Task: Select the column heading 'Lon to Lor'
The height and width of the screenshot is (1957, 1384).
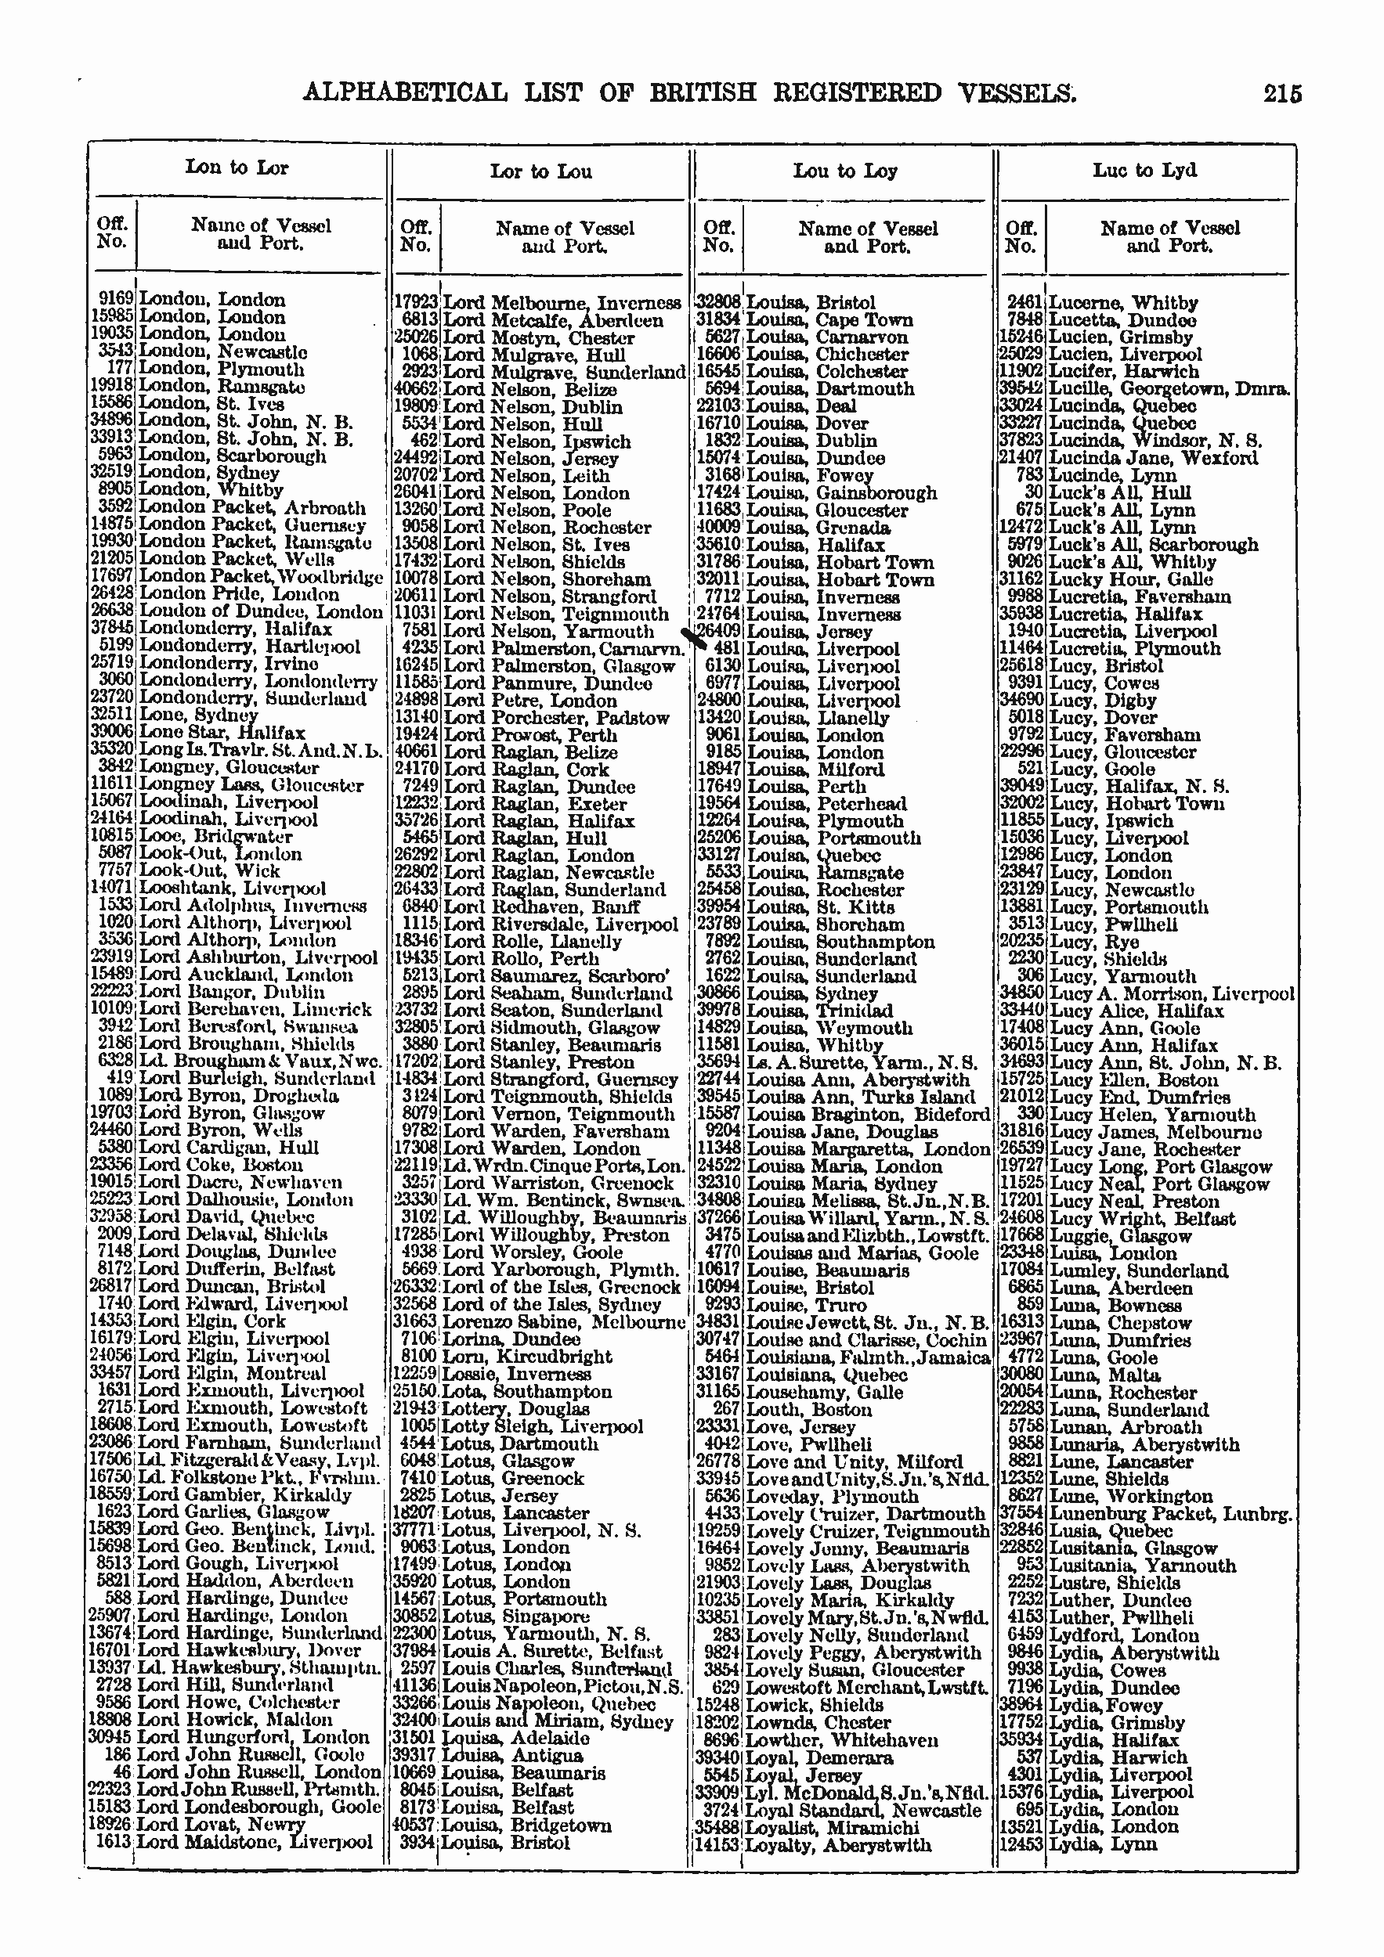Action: [237, 167]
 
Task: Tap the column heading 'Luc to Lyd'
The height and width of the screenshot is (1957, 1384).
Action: [1144, 171]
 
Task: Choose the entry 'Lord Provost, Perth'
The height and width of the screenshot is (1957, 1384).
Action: [530, 735]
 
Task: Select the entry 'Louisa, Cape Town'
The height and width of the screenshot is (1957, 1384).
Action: [829, 320]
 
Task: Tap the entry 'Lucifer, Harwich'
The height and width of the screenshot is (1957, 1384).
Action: [1123, 372]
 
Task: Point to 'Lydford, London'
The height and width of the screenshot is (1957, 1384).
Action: [1123, 1634]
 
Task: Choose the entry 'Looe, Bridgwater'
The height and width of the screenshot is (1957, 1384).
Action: [215, 836]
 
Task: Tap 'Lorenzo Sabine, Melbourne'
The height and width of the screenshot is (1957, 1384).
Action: [565, 1322]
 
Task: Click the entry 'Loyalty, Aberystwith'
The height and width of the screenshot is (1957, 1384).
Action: [837, 1845]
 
